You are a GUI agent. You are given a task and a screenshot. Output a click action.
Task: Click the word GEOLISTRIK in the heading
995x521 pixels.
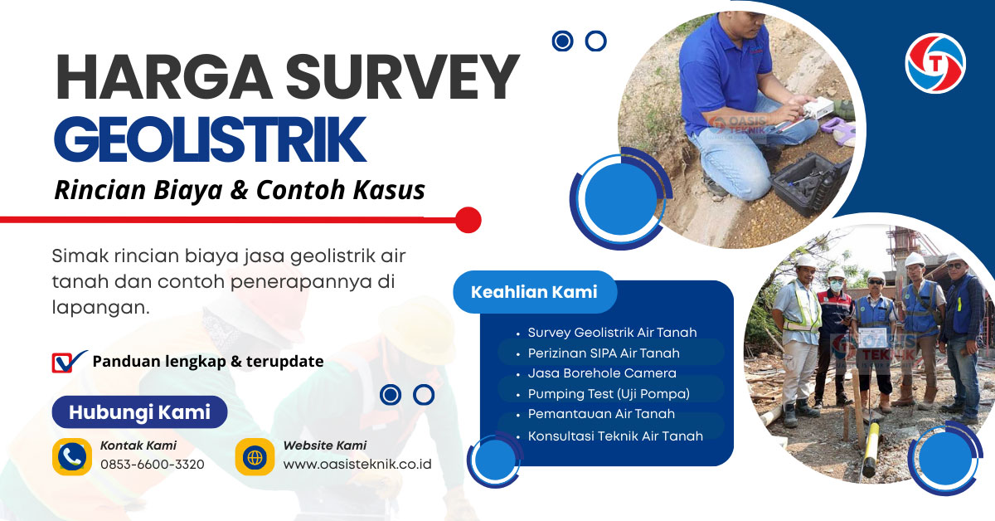[x=210, y=140]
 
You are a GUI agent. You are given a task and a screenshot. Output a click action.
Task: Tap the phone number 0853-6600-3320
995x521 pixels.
[x=152, y=464]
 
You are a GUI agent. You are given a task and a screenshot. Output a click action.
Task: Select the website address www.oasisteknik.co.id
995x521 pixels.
[x=357, y=464]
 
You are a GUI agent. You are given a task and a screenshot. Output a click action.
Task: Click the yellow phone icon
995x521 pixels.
[x=72, y=456]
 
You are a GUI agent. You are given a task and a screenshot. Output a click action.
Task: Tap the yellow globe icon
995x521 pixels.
[x=255, y=456]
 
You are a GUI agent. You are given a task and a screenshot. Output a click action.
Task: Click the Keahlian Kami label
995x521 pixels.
[x=534, y=292]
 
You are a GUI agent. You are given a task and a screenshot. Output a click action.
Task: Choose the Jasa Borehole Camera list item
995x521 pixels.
[x=602, y=373]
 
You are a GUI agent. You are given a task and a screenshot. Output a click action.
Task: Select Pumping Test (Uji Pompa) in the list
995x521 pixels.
[x=609, y=393]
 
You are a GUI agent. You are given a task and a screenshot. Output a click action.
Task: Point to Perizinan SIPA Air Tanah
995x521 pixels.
[x=604, y=353]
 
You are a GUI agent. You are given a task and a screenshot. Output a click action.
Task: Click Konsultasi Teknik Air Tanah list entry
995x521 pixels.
[x=615, y=436]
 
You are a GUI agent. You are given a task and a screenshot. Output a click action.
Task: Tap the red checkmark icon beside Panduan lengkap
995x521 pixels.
[x=68, y=362]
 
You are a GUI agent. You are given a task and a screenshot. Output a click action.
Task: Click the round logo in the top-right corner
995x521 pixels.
[x=935, y=63]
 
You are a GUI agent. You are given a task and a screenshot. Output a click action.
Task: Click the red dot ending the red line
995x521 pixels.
[x=468, y=220]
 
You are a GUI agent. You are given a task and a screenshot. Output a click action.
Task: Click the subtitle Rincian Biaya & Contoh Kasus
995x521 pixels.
[x=240, y=190]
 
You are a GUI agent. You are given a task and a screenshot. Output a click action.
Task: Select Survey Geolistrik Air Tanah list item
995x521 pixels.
[x=612, y=333]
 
